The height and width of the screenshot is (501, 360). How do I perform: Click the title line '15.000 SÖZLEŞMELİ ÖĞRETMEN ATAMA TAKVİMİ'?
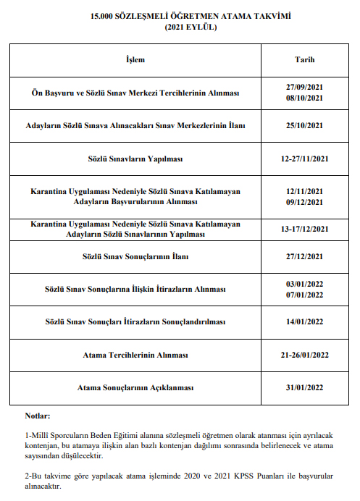click(x=180, y=15)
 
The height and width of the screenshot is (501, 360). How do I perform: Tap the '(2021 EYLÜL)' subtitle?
click(x=180, y=27)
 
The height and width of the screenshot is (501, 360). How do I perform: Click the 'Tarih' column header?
click(x=304, y=59)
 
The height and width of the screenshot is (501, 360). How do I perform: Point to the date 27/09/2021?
click(x=304, y=88)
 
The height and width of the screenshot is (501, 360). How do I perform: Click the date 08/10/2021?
click(x=304, y=98)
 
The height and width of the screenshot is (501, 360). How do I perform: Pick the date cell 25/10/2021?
click(x=304, y=125)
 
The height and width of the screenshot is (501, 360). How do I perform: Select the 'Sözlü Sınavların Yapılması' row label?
click(x=135, y=158)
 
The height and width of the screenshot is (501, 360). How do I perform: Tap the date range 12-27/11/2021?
click(x=304, y=158)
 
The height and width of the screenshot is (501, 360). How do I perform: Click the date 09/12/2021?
click(x=304, y=201)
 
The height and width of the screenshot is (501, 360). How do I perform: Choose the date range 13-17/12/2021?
click(x=304, y=229)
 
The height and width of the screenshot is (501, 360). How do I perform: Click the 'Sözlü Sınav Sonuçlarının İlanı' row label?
click(x=135, y=256)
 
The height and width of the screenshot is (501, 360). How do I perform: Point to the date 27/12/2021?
click(x=304, y=256)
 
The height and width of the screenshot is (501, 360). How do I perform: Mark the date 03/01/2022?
click(x=304, y=284)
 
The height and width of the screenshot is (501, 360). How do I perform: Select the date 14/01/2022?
click(x=304, y=321)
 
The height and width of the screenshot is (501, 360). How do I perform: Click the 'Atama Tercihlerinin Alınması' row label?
click(x=135, y=355)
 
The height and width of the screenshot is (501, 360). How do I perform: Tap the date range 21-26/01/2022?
click(x=304, y=355)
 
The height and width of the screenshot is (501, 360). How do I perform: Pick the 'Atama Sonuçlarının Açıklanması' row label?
click(x=135, y=388)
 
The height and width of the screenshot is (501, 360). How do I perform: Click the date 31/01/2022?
click(x=304, y=388)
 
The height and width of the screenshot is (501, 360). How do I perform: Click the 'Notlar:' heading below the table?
click(x=37, y=416)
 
